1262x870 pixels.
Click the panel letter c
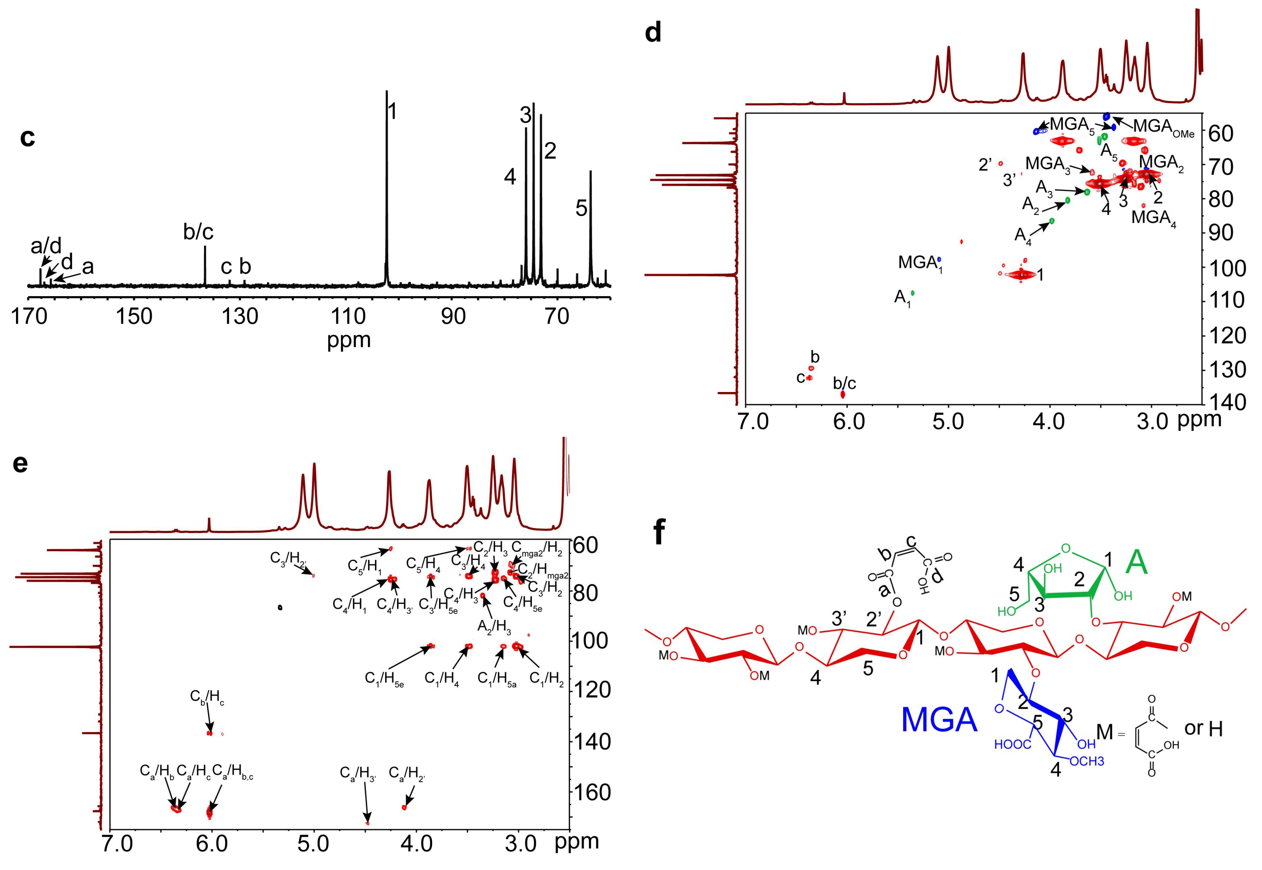pyautogui.click(x=27, y=137)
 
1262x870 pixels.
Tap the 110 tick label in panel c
pyautogui.click(x=347, y=316)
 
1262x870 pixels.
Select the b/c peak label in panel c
pyautogui.click(x=198, y=232)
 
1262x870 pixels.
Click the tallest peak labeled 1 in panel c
pyautogui.click(x=387, y=164)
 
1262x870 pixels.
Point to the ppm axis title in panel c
pyautogui.click(x=348, y=340)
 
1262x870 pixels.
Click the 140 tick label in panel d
pyautogui.click(x=1229, y=402)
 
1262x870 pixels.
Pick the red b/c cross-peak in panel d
pyautogui.click(x=843, y=394)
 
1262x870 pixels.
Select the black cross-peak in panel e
pyautogui.click(x=280, y=607)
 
